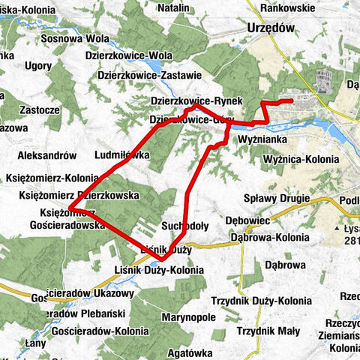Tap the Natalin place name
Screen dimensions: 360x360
(x=173, y=7)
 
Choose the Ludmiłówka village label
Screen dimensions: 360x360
(x=123, y=155)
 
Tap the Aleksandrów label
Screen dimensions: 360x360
(x=46, y=155)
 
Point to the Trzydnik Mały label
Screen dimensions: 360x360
(x=267, y=331)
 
